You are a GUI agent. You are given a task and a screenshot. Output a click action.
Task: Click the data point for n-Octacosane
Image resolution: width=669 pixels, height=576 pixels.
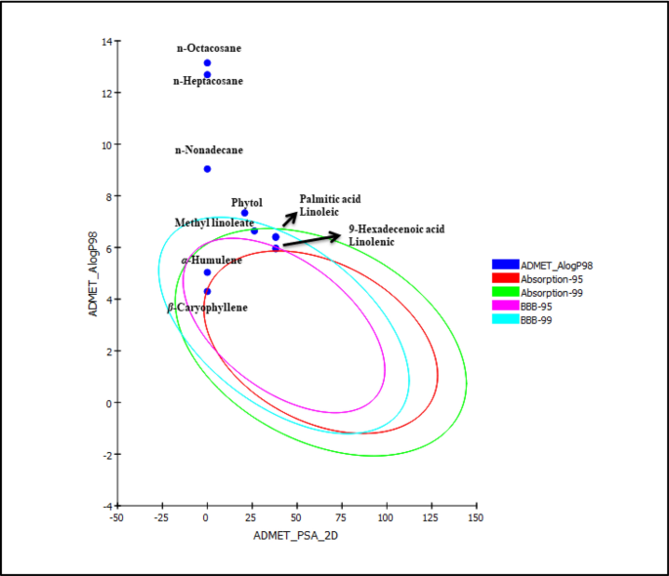tap(207, 62)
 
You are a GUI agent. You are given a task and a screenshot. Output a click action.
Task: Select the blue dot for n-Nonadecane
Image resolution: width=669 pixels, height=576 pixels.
tap(207, 169)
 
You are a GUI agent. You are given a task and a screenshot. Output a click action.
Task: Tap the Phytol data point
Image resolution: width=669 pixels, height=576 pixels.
tap(245, 213)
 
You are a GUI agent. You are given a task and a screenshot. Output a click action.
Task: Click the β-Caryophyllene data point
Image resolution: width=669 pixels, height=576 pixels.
tap(207, 291)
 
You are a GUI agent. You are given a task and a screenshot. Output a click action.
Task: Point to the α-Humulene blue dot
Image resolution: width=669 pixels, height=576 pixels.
tap(207, 272)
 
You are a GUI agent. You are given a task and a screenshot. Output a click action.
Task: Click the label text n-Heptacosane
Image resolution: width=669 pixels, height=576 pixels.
tap(208, 82)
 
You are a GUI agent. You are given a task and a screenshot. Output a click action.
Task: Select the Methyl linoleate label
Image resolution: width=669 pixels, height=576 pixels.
tap(214, 224)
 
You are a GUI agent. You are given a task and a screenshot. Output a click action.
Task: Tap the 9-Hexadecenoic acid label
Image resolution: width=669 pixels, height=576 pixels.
tap(396, 229)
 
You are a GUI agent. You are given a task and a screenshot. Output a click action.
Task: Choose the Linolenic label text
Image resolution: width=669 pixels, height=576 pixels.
tap(372, 241)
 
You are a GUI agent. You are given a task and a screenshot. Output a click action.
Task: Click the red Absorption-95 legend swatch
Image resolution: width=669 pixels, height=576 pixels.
tap(505, 277)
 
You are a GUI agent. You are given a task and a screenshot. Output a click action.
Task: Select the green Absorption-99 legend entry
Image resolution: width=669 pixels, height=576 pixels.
tap(505, 291)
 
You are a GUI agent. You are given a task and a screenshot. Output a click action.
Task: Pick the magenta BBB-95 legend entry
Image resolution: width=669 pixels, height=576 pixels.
tap(505, 305)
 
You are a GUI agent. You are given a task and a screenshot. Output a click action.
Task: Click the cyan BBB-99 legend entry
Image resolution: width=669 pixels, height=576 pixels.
tap(505, 318)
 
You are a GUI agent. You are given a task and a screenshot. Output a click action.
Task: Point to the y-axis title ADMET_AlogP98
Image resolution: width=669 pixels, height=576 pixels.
tap(94, 273)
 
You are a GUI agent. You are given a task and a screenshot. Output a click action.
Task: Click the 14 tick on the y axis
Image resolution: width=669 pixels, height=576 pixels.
tap(105, 41)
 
